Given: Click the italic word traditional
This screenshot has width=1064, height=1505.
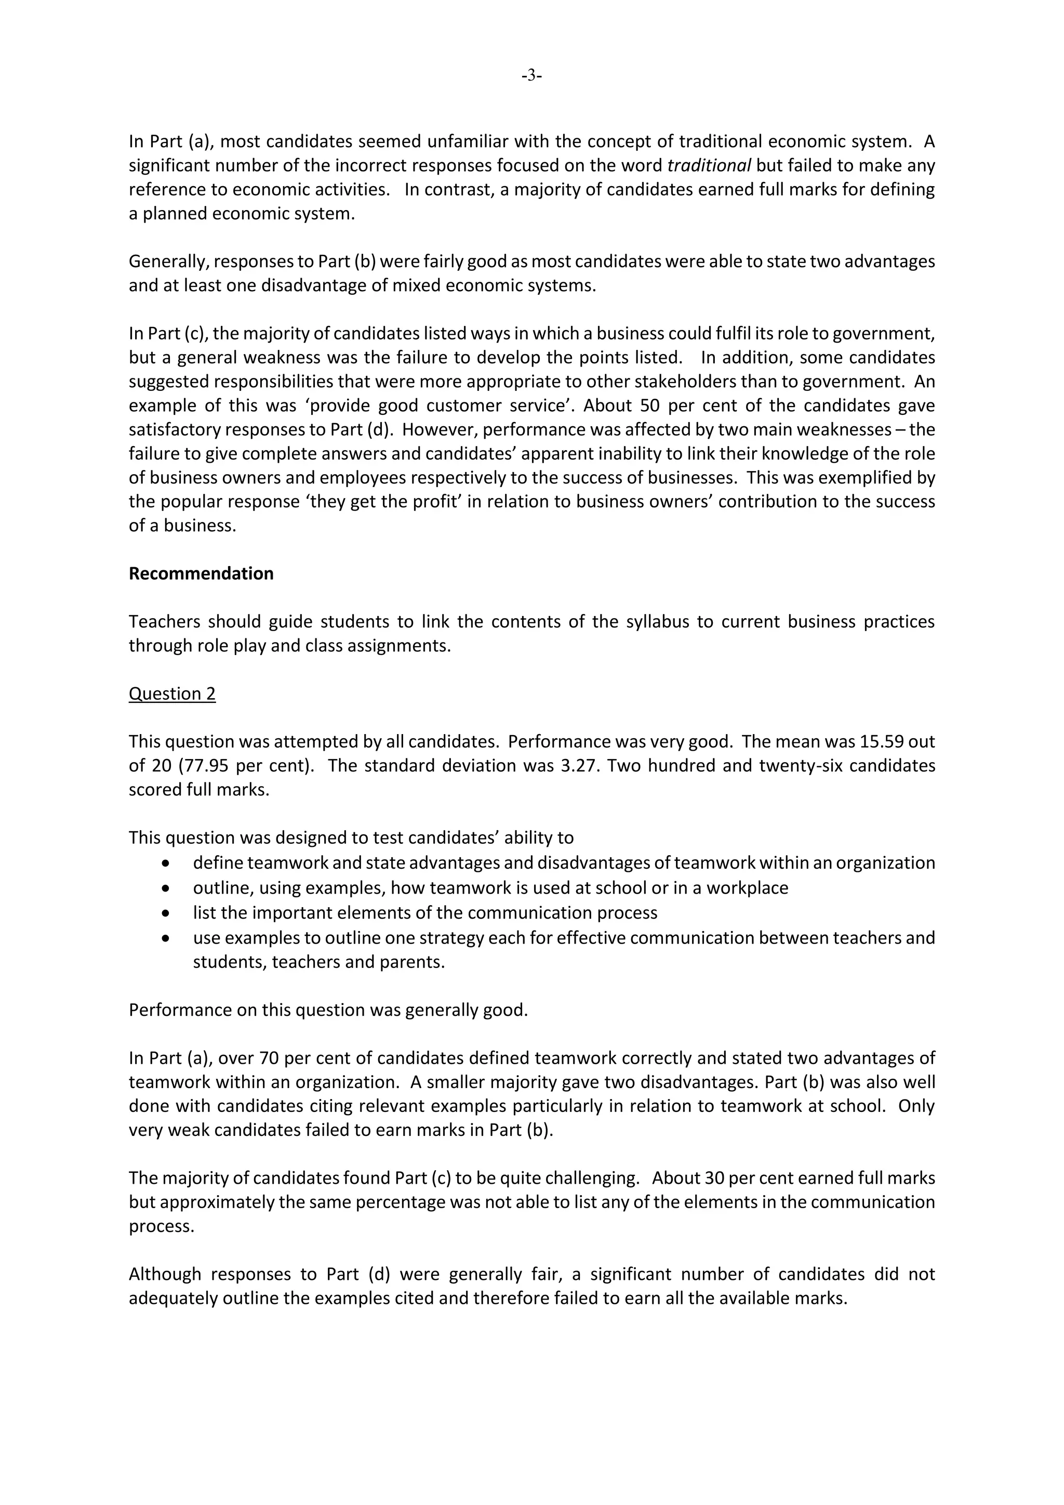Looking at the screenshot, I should (x=709, y=165).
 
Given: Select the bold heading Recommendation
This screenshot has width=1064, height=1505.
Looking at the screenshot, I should (x=201, y=573).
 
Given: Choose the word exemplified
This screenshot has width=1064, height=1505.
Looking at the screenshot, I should (x=863, y=477).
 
